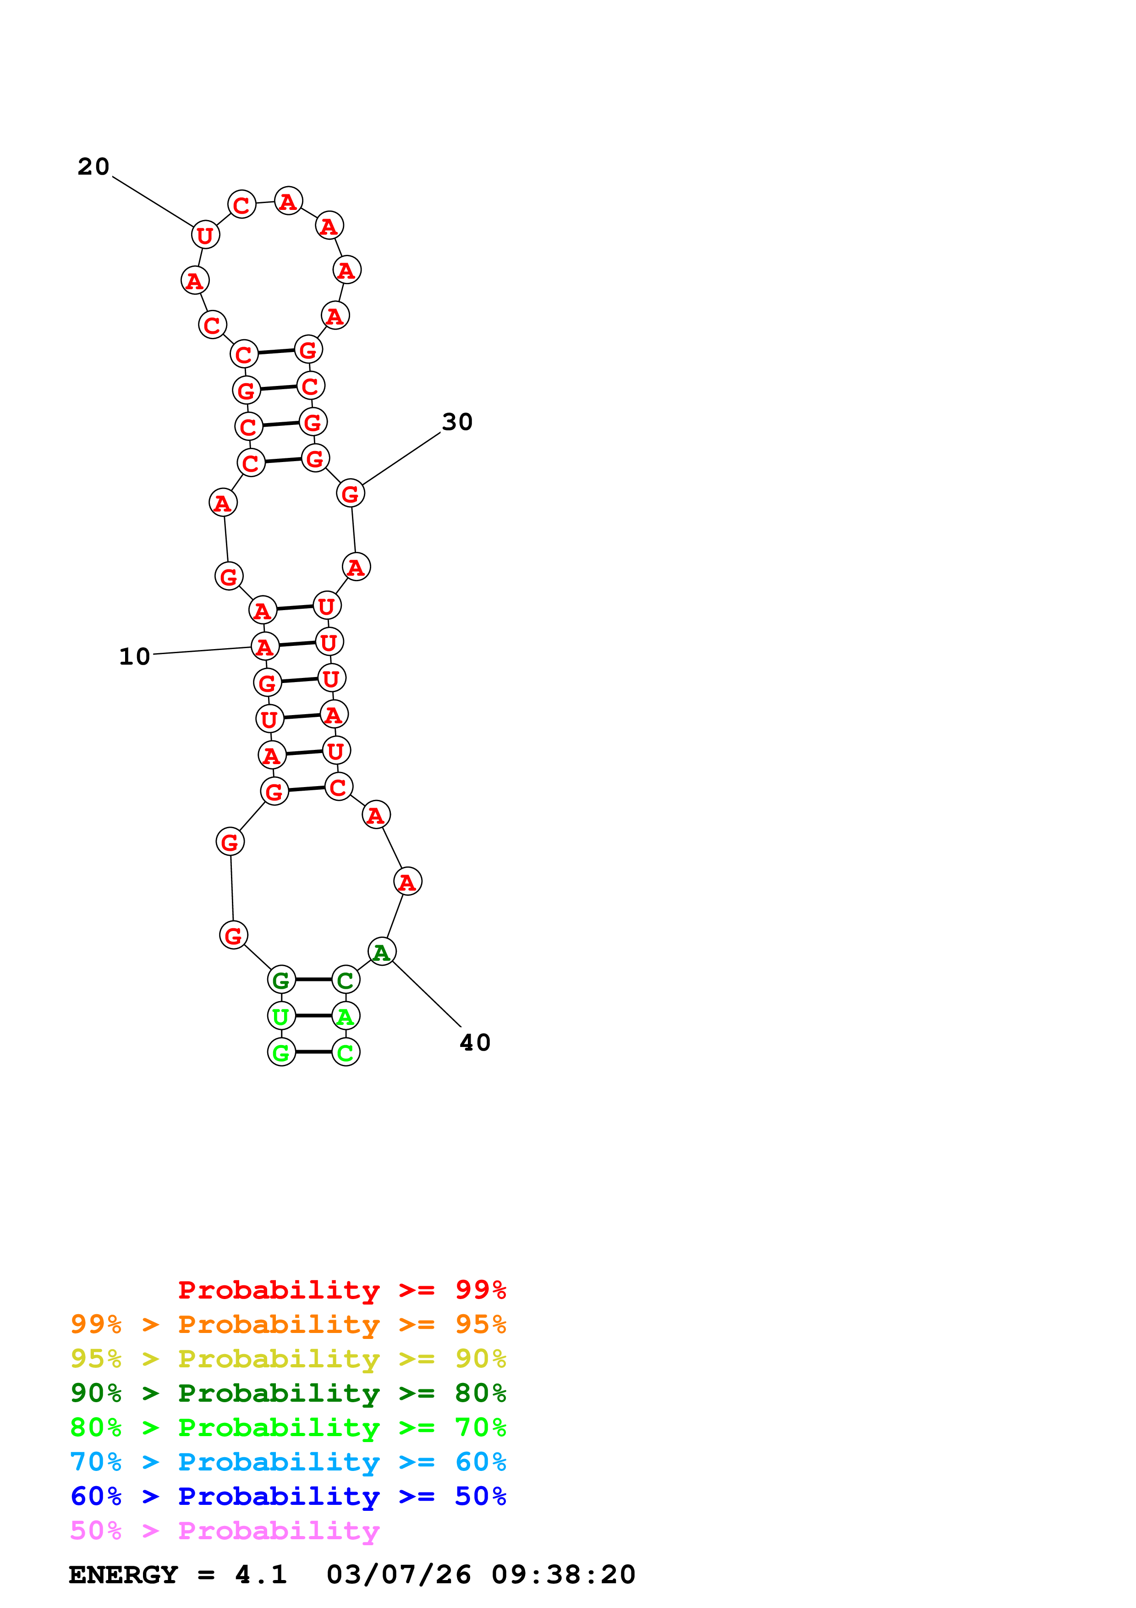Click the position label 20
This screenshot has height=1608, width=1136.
pyautogui.click(x=93, y=167)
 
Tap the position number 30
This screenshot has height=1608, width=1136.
pyautogui.click(x=457, y=422)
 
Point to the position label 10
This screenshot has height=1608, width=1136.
pyautogui.click(x=134, y=657)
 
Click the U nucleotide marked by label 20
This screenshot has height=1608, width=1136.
pyautogui.click(x=205, y=235)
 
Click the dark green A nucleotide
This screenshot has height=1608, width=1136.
pyautogui.click(x=381, y=952)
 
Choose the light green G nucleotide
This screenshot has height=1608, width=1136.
pyautogui.click(x=281, y=1052)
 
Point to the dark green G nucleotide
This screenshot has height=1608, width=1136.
pyautogui.click(x=281, y=980)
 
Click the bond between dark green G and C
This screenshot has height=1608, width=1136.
pyautogui.click(x=313, y=980)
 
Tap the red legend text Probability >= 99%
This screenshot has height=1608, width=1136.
pyautogui.click(x=341, y=1290)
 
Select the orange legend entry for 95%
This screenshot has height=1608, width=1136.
pyautogui.click(x=288, y=1324)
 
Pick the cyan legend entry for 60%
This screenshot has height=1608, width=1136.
pyautogui.click(x=288, y=1462)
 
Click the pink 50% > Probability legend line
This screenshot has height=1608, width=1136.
pyautogui.click(x=224, y=1530)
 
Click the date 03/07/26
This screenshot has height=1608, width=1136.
pyautogui.click(x=398, y=1575)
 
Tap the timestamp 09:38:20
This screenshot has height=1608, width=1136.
pyautogui.click(x=563, y=1575)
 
